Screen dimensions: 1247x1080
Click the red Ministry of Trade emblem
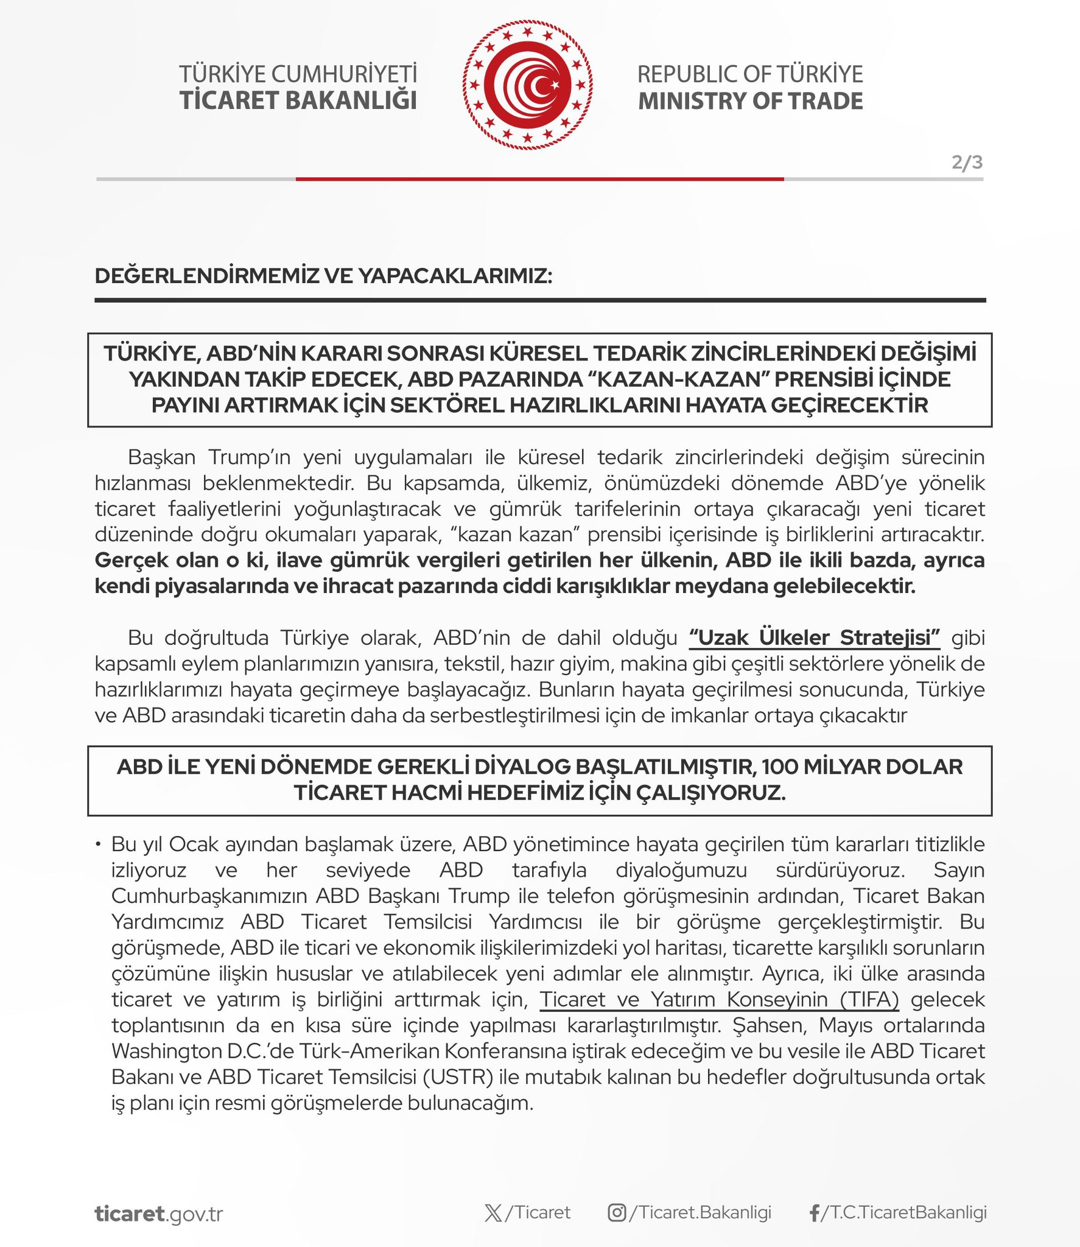[527, 85]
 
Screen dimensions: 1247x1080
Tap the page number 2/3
[967, 163]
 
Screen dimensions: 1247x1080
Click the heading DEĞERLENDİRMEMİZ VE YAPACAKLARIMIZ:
[323, 276]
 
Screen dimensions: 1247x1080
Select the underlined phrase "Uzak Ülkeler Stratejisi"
[815, 638]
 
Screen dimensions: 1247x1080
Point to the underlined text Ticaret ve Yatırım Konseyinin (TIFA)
[720, 999]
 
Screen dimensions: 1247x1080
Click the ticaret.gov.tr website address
[159, 1214]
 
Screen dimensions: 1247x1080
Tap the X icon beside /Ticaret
[493, 1213]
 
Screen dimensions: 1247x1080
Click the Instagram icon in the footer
[617, 1213]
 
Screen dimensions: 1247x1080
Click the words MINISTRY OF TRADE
[750, 101]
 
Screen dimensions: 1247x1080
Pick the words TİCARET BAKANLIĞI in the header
[298, 100]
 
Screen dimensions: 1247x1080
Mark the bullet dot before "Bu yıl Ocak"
[98, 844]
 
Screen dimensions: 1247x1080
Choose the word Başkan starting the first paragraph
[161, 457]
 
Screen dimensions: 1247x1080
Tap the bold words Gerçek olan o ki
[181, 560]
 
